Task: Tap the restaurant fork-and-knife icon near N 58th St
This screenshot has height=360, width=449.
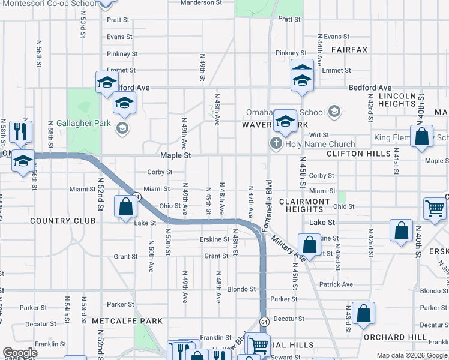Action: click(21, 132)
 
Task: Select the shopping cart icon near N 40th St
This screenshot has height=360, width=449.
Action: click(435, 209)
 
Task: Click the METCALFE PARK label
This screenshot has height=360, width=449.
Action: click(127, 322)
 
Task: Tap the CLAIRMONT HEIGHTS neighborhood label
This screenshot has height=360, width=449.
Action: click(304, 206)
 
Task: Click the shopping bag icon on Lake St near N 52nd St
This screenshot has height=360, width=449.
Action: click(126, 208)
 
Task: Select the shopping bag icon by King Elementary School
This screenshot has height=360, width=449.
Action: click(421, 137)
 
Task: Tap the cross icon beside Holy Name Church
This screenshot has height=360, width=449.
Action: click(276, 143)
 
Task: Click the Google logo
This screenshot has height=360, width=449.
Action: click(20, 352)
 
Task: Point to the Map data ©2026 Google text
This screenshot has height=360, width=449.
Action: click(411, 355)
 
